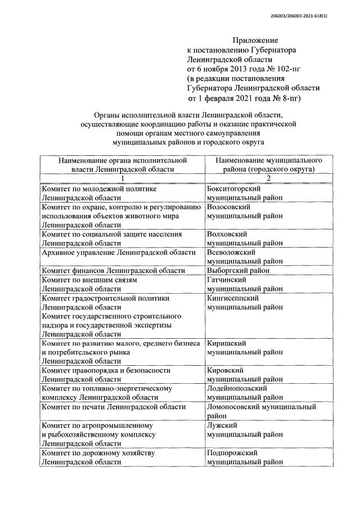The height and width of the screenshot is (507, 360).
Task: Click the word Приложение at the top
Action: (x=255, y=40)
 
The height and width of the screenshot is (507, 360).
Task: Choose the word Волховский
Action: (x=227, y=234)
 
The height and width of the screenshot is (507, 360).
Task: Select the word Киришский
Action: (x=226, y=343)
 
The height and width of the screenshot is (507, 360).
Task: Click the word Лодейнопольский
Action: (x=236, y=388)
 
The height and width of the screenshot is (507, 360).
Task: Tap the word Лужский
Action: (x=222, y=425)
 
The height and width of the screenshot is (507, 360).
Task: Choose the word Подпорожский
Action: (x=232, y=452)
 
